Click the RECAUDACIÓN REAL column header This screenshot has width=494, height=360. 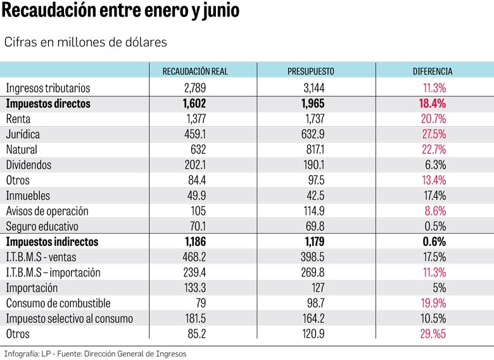(195, 72)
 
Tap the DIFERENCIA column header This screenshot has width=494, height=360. (433, 72)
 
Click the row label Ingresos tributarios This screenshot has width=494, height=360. (48, 88)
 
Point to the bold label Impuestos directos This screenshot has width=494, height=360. (48, 103)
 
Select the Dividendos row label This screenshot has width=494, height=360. (28, 165)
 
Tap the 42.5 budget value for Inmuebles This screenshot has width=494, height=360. (315, 196)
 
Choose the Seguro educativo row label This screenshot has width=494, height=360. (42, 226)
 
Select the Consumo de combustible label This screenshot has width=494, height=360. (58, 303)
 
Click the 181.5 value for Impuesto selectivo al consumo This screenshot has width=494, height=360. (194, 318)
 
